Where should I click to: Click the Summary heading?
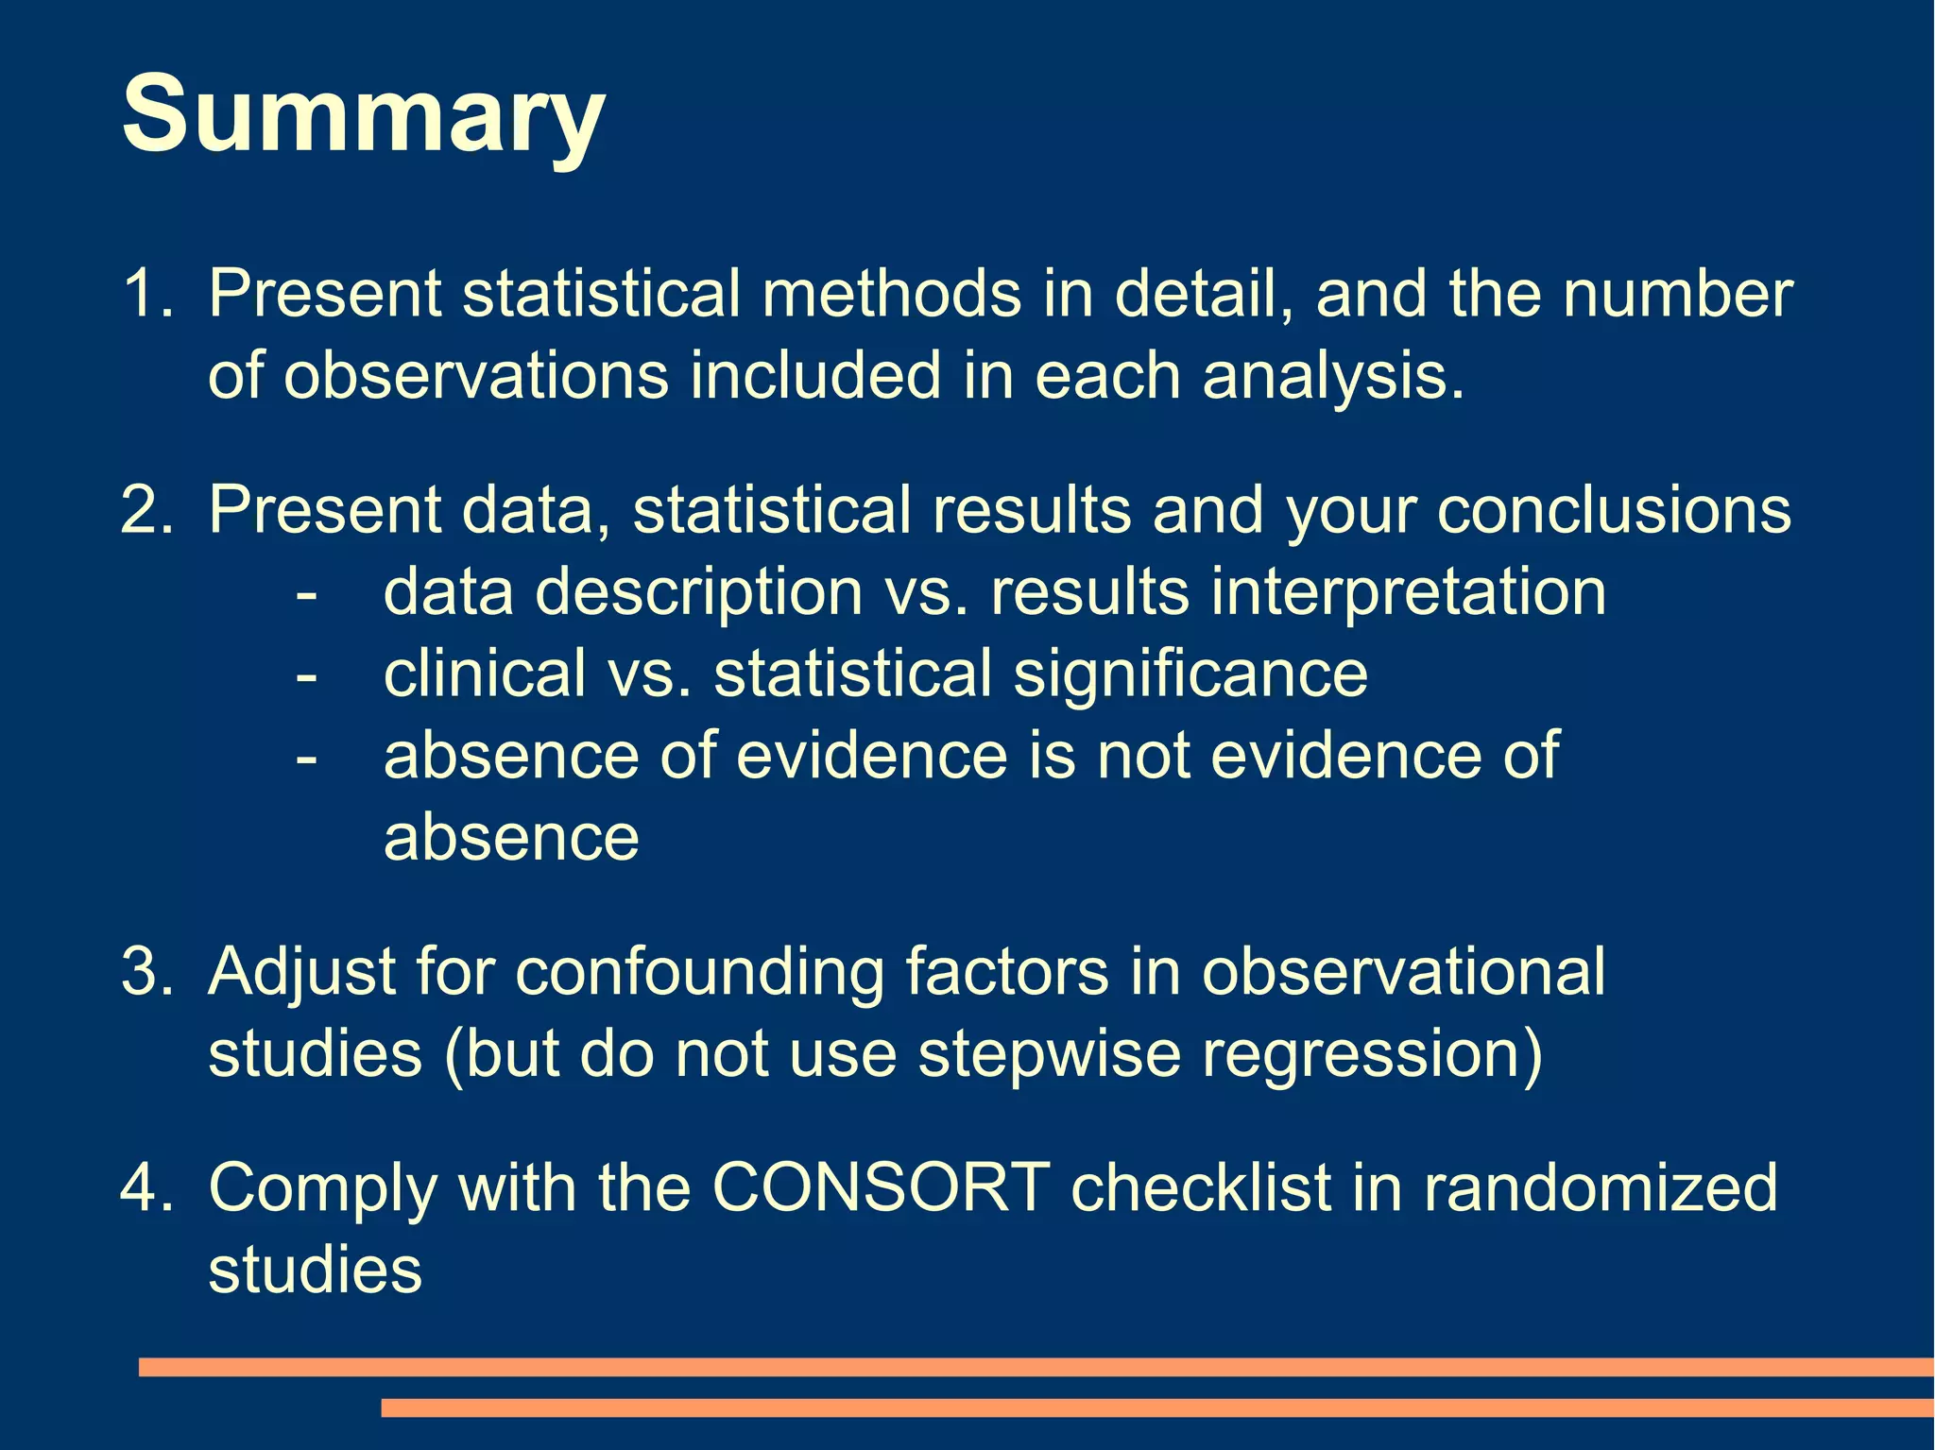click(x=363, y=115)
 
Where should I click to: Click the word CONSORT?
click(x=881, y=1187)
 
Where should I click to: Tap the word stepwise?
click(x=1049, y=1053)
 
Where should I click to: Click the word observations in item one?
click(x=476, y=376)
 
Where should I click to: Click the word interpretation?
click(x=1408, y=593)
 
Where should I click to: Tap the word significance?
click(x=1190, y=674)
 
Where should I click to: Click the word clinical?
click(x=485, y=674)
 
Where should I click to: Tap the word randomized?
click(x=1601, y=1187)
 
